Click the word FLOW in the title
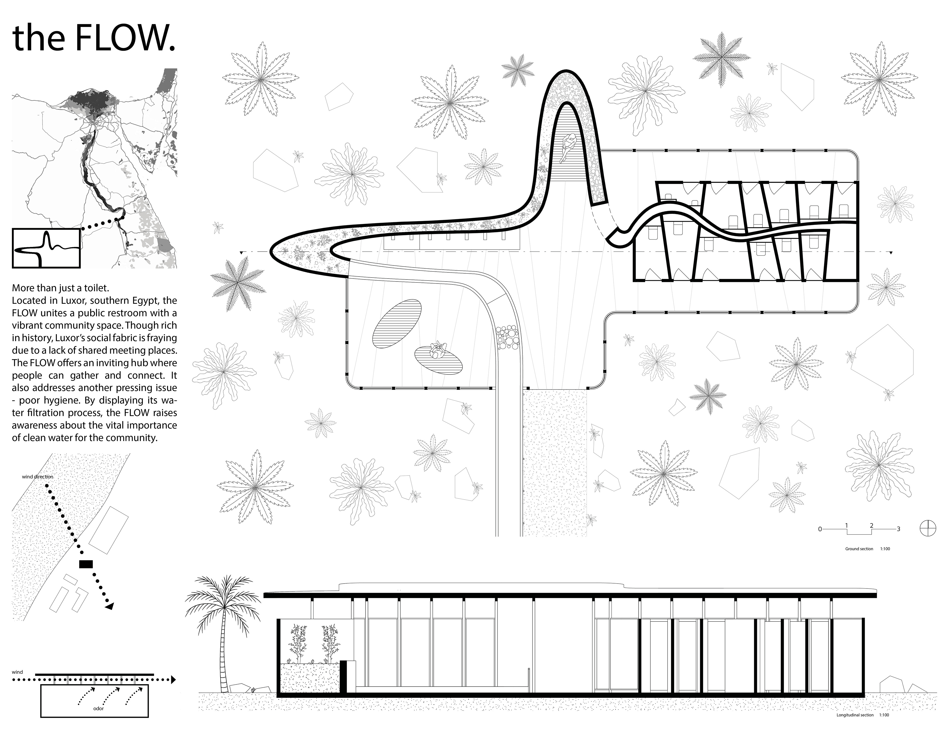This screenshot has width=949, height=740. click(124, 39)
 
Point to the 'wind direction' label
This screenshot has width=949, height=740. click(38, 477)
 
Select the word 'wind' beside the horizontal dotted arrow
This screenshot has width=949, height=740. click(17, 673)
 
